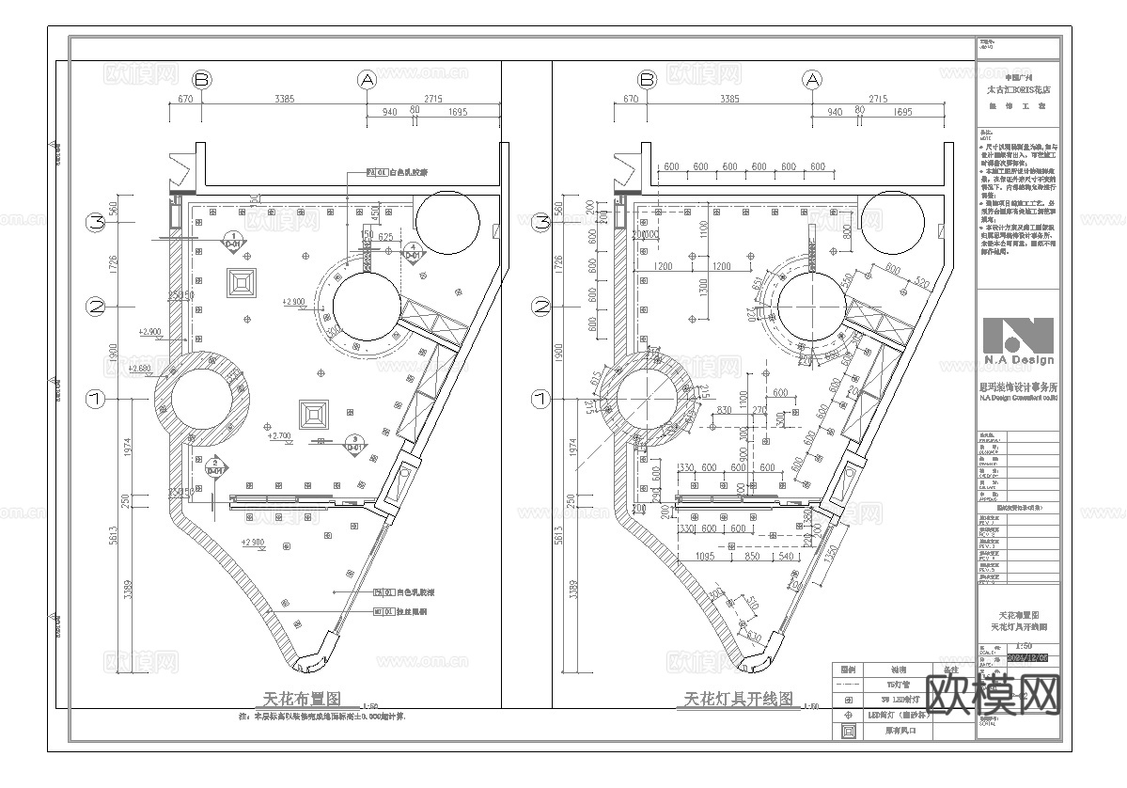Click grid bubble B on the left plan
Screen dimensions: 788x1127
tap(202, 80)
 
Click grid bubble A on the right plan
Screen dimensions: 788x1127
tap(812, 80)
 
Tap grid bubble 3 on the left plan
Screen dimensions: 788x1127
tap(96, 223)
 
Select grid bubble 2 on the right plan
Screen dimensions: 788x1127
tap(540, 306)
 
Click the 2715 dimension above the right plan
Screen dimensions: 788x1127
tap(879, 98)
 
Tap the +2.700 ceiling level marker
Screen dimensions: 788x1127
tap(279, 436)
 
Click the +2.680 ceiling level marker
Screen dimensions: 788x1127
tap(140, 368)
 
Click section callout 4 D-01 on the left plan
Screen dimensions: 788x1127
tap(415, 251)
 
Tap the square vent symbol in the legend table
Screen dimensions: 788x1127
tap(848, 731)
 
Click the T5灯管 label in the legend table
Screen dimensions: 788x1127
tap(900, 685)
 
